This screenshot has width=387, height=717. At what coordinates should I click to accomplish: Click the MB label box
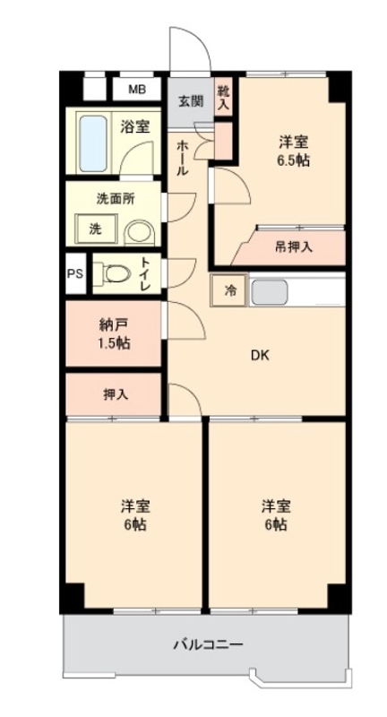137,89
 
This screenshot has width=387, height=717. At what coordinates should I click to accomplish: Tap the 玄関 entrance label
188,100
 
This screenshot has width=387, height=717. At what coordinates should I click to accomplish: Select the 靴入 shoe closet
223,96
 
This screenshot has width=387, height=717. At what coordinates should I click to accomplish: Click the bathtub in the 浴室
92,142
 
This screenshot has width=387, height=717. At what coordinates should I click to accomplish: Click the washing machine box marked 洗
95,229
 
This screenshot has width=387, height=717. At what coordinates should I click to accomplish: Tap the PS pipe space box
74,275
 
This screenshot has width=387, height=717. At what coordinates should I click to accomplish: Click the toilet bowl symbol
113,273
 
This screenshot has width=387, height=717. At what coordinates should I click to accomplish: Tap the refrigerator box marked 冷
228,290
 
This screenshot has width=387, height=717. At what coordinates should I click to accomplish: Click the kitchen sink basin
268,292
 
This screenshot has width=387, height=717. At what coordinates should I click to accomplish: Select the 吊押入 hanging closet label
293,246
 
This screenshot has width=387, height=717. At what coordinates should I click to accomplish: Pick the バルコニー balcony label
206,644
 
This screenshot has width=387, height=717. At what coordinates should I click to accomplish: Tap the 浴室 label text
134,127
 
